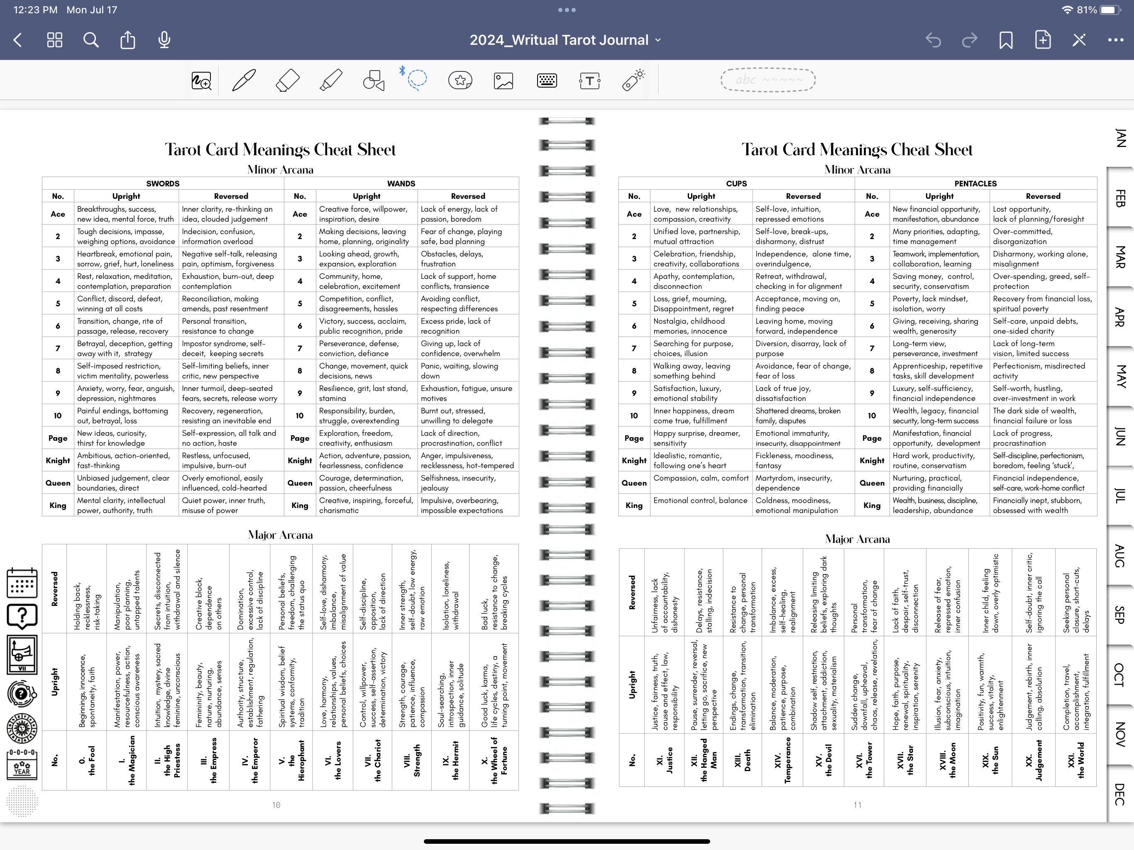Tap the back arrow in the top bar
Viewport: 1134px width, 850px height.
point(18,40)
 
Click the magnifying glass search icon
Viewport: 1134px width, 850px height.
point(91,40)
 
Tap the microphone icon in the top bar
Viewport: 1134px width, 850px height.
point(164,40)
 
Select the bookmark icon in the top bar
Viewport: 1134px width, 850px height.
point(1006,40)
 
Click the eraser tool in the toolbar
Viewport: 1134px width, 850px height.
point(287,81)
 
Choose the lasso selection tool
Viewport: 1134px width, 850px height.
point(417,79)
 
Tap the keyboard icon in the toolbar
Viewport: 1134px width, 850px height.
point(547,81)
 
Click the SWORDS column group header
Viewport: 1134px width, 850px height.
point(163,183)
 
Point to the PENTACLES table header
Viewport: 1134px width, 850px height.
point(975,183)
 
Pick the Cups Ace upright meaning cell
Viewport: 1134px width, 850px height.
point(700,214)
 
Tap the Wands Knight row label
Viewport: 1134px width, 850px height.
point(300,460)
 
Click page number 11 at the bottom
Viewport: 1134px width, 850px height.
point(857,805)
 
